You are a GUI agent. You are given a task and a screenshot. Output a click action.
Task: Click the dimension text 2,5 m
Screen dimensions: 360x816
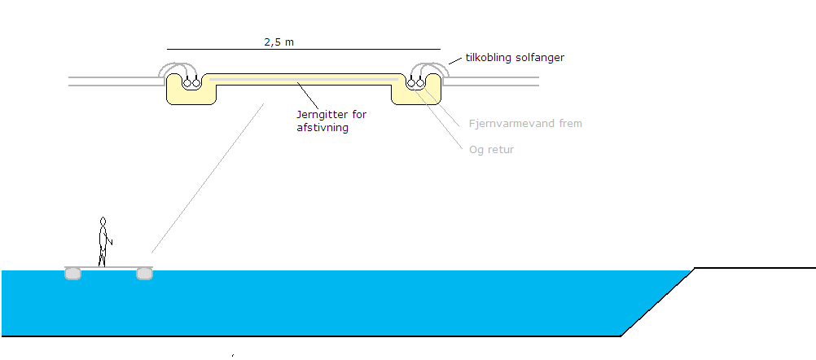point(279,42)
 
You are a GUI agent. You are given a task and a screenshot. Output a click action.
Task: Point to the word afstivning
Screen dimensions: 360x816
point(322,128)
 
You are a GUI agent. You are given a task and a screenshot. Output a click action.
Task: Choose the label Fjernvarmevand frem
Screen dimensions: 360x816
point(525,124)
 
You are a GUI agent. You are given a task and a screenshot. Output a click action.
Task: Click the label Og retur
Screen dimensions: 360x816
point(492,150)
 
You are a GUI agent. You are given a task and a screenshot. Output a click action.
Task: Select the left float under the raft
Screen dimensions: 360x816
point(72,274)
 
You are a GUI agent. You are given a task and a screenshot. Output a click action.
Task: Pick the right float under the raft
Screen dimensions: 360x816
point(144,274)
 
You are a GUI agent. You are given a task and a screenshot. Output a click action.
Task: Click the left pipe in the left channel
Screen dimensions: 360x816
point(187,83)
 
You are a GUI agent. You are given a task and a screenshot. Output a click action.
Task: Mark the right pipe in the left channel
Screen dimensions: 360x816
point(197,83)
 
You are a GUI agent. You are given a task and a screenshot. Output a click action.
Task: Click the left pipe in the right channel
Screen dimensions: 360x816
point(411,83)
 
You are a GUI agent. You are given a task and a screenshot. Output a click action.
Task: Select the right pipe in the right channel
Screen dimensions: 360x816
point(420,83)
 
